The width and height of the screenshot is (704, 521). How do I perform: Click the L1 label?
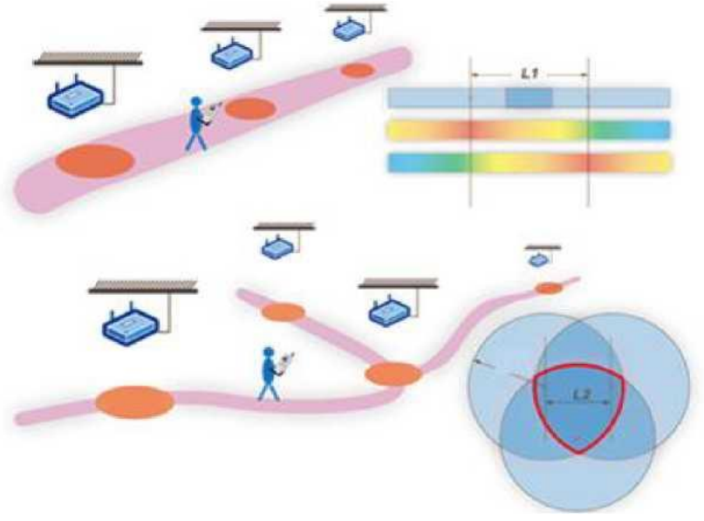(x=530, y=77)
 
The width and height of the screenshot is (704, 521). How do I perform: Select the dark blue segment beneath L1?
(x=529, y=98)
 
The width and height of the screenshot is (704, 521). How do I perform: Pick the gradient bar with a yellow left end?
(x=528, y=130)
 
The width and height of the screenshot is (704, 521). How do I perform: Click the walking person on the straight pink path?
(x=200, y=122)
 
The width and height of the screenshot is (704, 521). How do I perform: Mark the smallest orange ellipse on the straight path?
(x=358, y=70)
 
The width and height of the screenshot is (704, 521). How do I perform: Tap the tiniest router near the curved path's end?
(x=538, y=259)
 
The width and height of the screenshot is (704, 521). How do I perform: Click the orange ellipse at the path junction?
(x=393, y=374)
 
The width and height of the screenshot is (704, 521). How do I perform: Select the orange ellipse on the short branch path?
(x=283, y=312)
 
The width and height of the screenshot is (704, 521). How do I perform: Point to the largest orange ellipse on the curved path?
(x=134, y=402)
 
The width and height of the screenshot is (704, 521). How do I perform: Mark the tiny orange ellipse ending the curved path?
(x=549, y=288)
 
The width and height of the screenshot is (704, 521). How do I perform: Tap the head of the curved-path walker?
(x=268, y=353)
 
